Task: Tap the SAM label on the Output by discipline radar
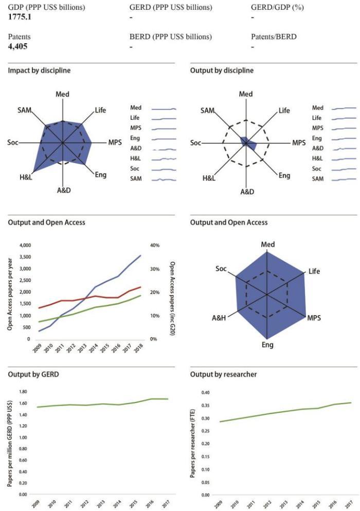click(x=207, y=111)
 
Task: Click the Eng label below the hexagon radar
click(x=267, y=344)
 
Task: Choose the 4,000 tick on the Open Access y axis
click(x=24, y=245)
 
